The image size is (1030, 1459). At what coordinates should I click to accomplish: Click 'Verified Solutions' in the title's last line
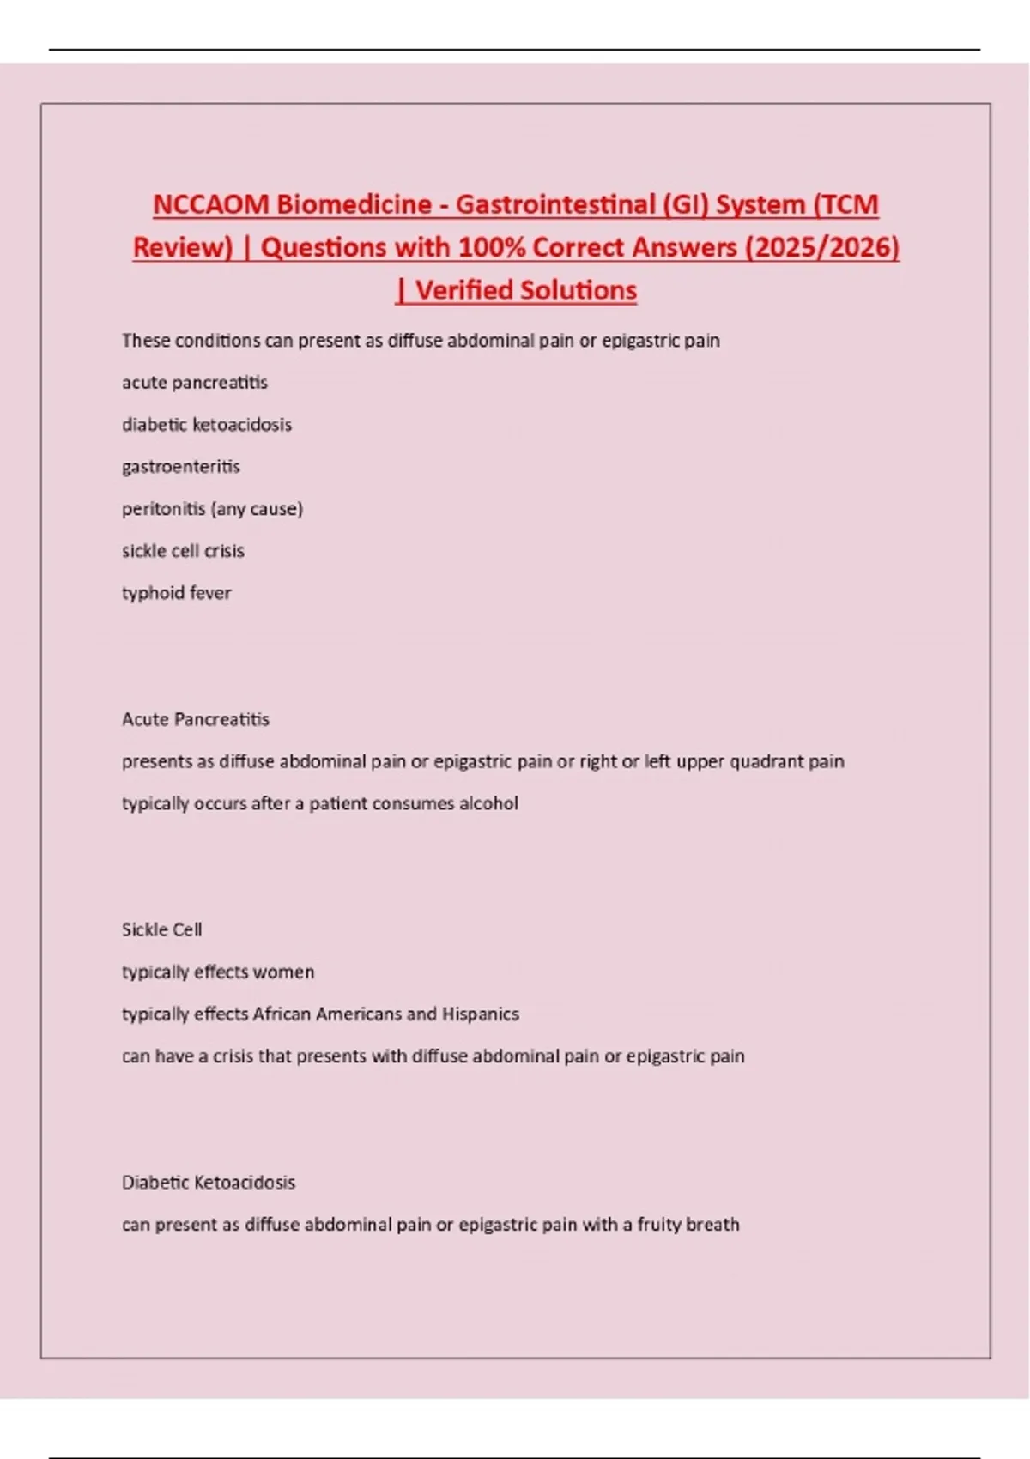pos(525,290)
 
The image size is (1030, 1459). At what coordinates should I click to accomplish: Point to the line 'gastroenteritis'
pos(181,467)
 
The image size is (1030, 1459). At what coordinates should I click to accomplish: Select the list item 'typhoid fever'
pos(177,593)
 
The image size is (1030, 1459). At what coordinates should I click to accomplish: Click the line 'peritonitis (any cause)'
pos(212,509)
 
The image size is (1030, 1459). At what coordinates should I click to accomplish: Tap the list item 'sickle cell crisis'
pos(183,551)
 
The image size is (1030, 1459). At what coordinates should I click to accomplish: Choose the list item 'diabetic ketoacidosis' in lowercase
pos(207,425)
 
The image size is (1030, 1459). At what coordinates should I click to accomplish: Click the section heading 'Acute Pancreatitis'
pos(196,719)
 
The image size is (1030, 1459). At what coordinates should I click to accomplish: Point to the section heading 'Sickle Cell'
pos(162,929)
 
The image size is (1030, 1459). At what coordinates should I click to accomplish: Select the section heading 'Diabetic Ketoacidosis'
pos(209,1183)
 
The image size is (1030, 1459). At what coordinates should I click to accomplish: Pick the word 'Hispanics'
pos(481,1014)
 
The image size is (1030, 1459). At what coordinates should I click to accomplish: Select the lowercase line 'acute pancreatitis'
pos(195,383)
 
